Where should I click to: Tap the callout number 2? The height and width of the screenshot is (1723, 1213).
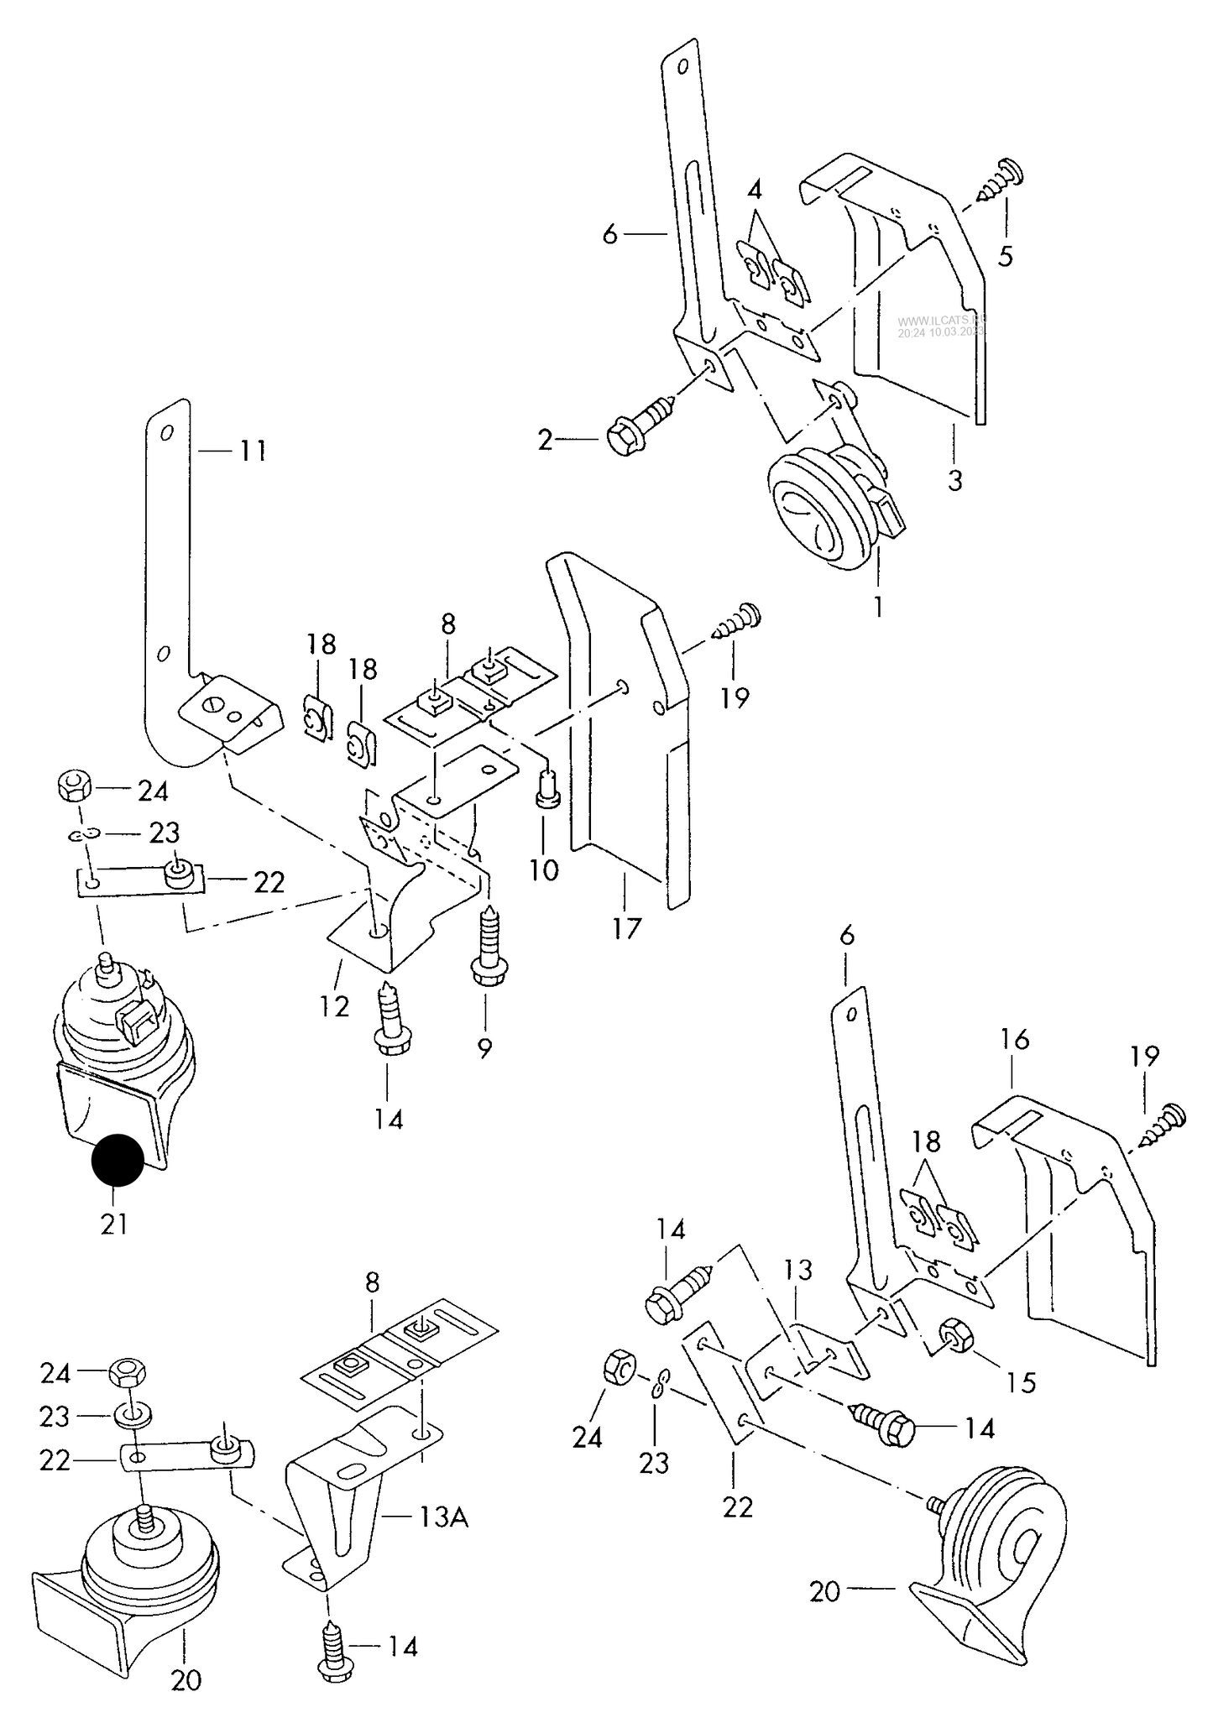tap(546, 439)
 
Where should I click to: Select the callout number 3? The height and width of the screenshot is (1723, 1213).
tap(954, 481)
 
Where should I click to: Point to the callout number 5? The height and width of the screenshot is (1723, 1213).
tap(1005, 255)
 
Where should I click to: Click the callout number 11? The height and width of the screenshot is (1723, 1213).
tap(252, 452)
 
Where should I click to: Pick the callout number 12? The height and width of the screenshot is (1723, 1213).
tap(334, 1005)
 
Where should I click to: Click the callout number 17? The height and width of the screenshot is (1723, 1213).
tap(626, 927)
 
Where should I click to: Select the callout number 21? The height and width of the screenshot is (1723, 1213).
tap(113, 1224)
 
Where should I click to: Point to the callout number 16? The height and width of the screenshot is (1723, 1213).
tap(1014, 1039)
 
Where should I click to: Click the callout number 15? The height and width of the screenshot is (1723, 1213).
tap(1022, 1381)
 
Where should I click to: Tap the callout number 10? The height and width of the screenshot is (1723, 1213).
tap(544, 869)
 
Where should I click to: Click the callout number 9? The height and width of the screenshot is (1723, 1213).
tap(484, 1047)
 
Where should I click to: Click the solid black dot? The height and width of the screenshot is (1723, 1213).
tap(118, 1160)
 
